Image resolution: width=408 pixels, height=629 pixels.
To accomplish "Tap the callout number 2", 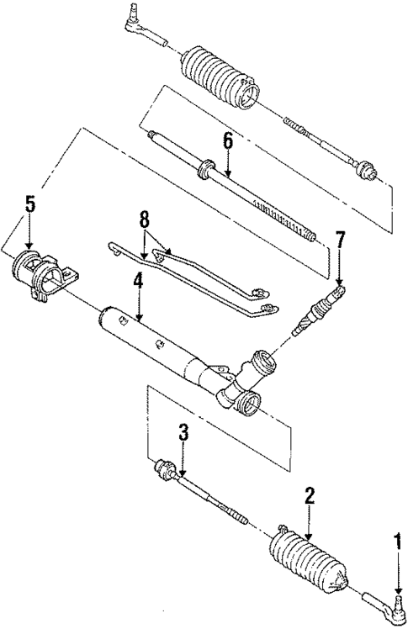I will (x=310, y=495).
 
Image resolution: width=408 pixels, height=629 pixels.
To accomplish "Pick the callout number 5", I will (x=30, y=203).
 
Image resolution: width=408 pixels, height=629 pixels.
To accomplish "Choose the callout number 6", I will (x=227, y=140).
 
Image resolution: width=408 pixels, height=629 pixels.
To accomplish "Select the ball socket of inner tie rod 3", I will (x=164, y=468).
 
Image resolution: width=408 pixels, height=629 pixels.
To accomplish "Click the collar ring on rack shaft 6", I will (x=202, y=172).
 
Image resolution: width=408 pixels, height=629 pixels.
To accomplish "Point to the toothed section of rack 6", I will (x=282, y=217).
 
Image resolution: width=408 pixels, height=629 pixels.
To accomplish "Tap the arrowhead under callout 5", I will (x=30, y=245).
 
